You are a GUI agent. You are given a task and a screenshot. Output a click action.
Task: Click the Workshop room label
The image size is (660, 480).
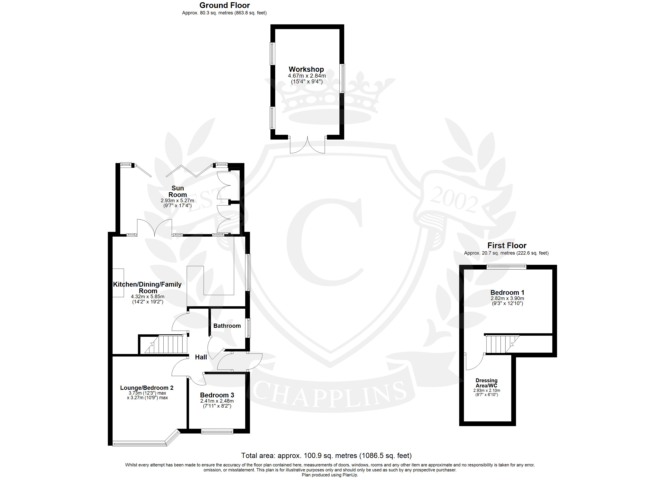(x=306, y=69)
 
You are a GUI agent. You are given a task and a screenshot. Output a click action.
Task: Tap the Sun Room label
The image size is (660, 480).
(x=178, y=191)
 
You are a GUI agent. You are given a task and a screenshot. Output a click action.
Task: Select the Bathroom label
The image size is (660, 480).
(x=227, y=326)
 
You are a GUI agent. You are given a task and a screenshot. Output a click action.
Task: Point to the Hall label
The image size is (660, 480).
(x=201, y=357)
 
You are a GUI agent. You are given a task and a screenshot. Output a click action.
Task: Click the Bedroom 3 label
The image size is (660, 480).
(x=217, y=395)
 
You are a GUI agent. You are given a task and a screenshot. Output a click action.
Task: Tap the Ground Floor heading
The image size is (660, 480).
(x=225, y=5)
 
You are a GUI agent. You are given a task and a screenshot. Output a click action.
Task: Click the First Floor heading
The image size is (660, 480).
(x=507, y=245)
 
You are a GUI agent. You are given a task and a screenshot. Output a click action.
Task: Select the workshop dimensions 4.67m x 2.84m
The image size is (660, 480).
(x=307, y=76)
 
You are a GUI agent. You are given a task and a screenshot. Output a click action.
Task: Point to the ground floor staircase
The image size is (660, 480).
(x=166, y=344)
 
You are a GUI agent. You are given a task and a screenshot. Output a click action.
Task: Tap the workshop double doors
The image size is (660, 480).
(x=308, y=145)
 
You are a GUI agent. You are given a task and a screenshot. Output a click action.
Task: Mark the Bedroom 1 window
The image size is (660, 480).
(x=507, y=267)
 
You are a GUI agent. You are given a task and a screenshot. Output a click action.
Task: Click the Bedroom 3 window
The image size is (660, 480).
(x=217, y=431)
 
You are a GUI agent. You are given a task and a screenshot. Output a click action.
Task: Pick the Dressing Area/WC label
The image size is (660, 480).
(x=487, y=383)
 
